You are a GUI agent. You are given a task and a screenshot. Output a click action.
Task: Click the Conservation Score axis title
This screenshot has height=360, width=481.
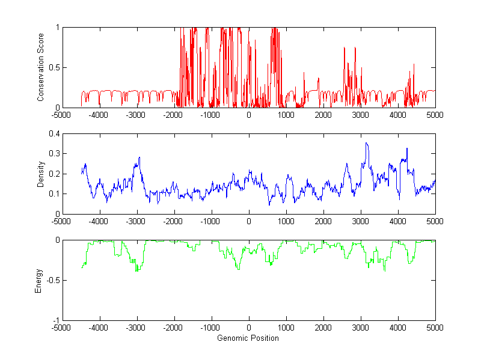(41, 67)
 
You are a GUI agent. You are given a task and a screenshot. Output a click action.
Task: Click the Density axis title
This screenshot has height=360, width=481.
(41, 174)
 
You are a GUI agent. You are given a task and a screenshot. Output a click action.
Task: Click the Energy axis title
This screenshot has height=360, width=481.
(41, 280)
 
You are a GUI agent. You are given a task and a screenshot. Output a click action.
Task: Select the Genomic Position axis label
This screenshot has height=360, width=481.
(248, 338)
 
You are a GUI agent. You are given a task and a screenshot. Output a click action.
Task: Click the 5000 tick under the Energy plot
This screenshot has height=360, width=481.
(435, 328)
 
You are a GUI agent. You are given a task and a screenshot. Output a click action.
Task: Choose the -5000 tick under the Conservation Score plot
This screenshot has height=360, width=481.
(62, 115)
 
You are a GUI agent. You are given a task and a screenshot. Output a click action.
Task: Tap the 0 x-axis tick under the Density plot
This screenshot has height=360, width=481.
(249, 221)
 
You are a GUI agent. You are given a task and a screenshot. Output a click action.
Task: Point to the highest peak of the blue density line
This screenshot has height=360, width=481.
(366, 143)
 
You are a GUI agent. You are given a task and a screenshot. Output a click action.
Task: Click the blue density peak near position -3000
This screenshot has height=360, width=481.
(139, 158)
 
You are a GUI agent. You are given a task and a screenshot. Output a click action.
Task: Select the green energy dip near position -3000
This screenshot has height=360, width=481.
(137, 271)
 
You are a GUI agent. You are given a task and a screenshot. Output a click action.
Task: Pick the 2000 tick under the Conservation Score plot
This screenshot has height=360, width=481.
(323, 115)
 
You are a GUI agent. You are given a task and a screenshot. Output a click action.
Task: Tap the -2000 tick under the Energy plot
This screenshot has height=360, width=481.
(174, 328)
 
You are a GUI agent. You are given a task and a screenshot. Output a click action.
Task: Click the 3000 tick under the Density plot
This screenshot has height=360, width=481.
(361, 221)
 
